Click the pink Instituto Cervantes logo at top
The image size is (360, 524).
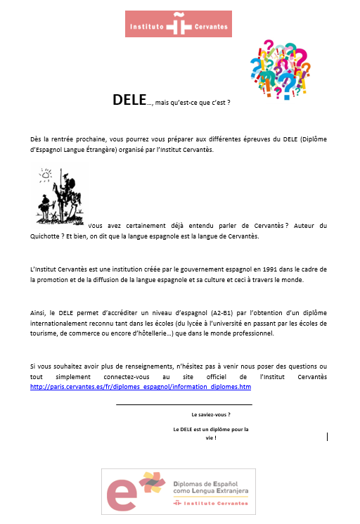[178, 24]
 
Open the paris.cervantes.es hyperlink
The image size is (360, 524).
[141, 387]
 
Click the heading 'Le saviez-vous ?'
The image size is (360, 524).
[211, 415]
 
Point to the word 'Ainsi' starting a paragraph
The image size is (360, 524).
[39, 314]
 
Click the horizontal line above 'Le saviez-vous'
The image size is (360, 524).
[184, 404]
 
